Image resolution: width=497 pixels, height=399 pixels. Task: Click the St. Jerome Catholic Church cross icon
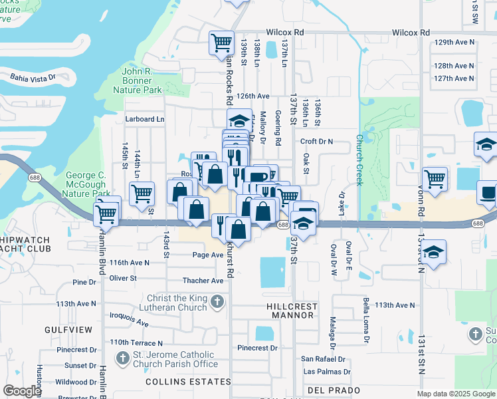tap(122, 359)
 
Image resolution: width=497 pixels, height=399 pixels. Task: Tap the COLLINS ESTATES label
tap(188, 382)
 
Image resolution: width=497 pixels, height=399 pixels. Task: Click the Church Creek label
tap(359, 160)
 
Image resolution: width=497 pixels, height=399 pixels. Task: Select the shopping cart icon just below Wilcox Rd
tap(222, 43)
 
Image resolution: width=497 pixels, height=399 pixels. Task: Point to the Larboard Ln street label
tap(144, 119)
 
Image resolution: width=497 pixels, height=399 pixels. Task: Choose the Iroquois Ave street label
tap(130, 321)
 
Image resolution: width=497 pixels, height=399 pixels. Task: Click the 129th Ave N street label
tap(453, 42)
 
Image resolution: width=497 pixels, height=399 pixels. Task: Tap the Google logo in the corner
tap(23, 391)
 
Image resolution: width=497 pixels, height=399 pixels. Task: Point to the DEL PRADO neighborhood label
tap(334, 390)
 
